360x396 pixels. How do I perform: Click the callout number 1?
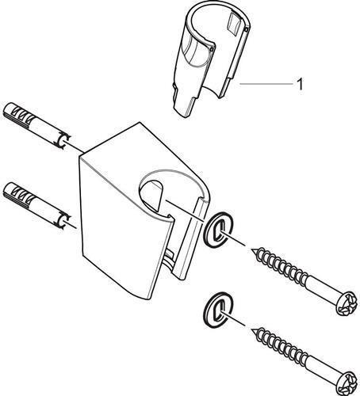tap(300, 84)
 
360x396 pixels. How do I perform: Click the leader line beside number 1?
tap(266, 84)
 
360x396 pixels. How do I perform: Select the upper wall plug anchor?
tap(36, 126)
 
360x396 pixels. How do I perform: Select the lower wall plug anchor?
tap(36, 206)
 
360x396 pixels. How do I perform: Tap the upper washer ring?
tap(218, 230)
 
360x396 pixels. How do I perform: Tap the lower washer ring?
tap(218, 310)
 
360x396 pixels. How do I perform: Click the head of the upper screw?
tap(347, 303)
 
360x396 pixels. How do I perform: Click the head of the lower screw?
tap(347, 383)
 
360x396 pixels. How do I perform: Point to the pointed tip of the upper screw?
tap(251, 249)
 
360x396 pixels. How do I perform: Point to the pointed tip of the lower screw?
tap(251, 329)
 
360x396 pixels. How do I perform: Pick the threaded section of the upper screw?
tap(280, 265)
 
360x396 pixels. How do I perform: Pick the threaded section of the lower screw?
tap(280, 345)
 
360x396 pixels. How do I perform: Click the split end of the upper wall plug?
tap(63, 141)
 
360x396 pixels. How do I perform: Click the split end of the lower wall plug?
tap(63, 220)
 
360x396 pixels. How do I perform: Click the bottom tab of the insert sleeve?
tap(185, 105)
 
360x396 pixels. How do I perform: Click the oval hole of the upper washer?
tap(219, 230)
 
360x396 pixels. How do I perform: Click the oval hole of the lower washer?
tap(219, 310)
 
